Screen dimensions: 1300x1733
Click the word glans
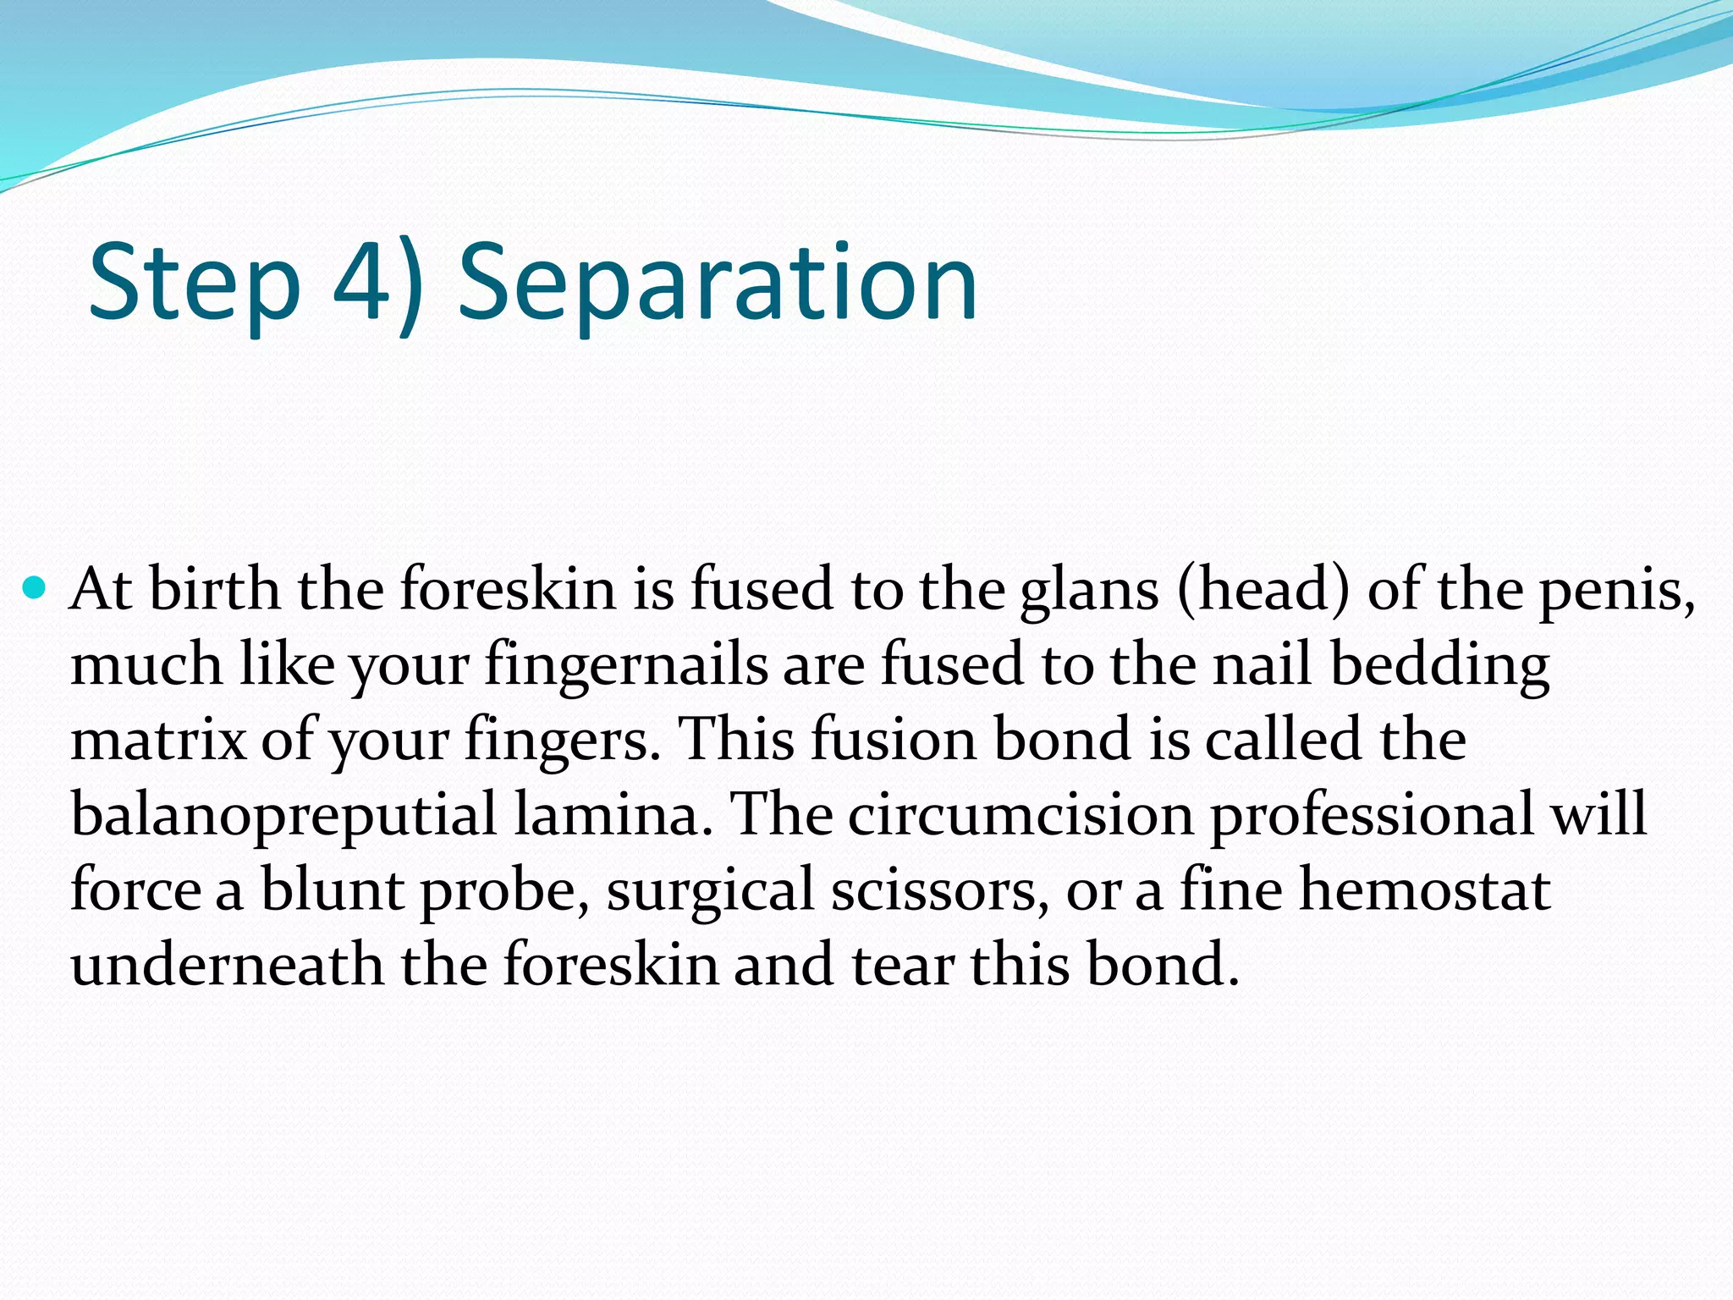pyautogui.click(x=1089, y=590)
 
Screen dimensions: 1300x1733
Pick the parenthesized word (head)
pyautogui.click(x=1263, y=590)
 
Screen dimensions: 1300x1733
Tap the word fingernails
pyautogui.click(x=626, y=665)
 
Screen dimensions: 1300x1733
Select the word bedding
pyautogui.click(x=1439, y=665)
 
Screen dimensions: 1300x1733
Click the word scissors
pyautogui.click(x=939, y=890)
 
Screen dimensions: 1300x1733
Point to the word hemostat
pyautogui.click(x=1425, y=889)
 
